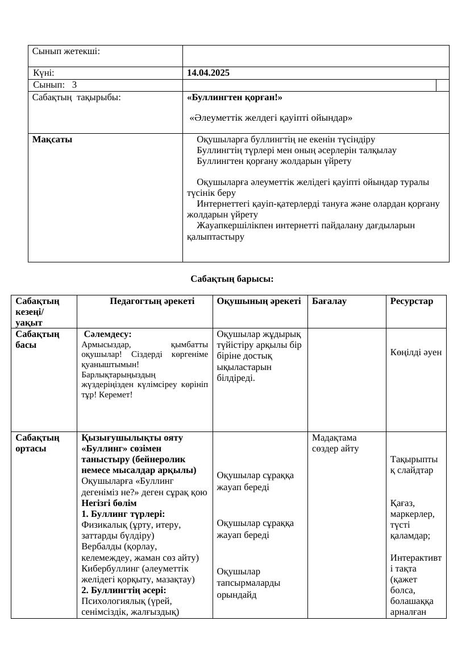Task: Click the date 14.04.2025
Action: click(208, 73)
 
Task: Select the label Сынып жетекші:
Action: click(66, 51)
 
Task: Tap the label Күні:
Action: click(44, 73)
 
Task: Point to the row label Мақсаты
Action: click(52, 139)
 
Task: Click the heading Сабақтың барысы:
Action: click(232, 279)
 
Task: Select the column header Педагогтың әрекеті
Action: click(152, 301)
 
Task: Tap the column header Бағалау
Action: click(329, 301)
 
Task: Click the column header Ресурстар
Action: click(411, 301)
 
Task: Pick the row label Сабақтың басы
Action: click(38, 339)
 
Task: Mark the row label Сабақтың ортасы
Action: click(38, 443)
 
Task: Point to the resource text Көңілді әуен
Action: click(416, 352)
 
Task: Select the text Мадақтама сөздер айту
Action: click(335, 443)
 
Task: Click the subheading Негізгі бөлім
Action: click(109, 503)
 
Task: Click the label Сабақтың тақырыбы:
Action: click(76, 97)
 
